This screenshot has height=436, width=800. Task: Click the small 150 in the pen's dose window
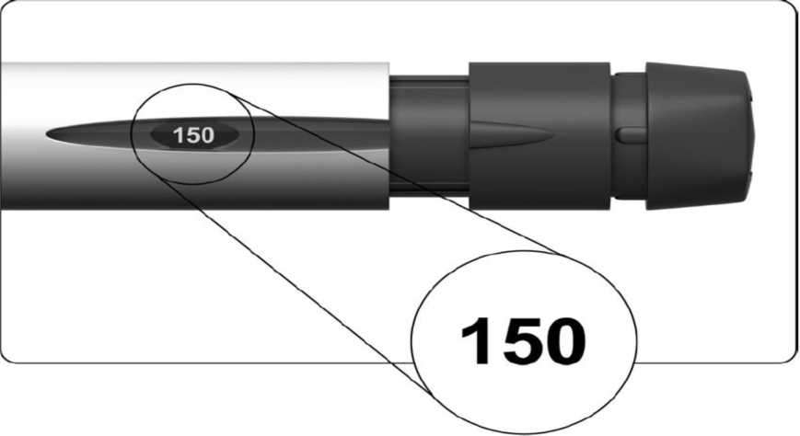(x=193, y=135)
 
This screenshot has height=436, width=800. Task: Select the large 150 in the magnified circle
(x=524, y=340)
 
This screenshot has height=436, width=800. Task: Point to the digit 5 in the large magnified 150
(x=521, y=340)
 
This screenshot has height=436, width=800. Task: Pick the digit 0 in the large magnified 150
(x=565, y=340)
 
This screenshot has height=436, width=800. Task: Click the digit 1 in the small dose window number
(x=177, y=135)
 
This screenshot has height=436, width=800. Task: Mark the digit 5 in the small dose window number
(x=192, y=135)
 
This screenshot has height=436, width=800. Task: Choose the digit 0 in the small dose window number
(x=208, y=135)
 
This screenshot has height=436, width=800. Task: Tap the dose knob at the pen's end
(x=699, y=136)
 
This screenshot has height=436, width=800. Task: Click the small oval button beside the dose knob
(x=631, y=135)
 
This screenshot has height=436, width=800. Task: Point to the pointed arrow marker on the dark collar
(x=510, y=135)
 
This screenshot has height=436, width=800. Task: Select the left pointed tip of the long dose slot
(x=46, y=134)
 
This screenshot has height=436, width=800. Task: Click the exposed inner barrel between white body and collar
(x=429, y=135)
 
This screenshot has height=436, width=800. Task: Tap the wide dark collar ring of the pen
(x=539, y=135)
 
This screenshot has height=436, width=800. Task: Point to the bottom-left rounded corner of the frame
(x=6, y=358)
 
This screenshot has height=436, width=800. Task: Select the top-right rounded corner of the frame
(x=793, y=7)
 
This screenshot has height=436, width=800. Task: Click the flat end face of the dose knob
(x=751, y=136)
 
